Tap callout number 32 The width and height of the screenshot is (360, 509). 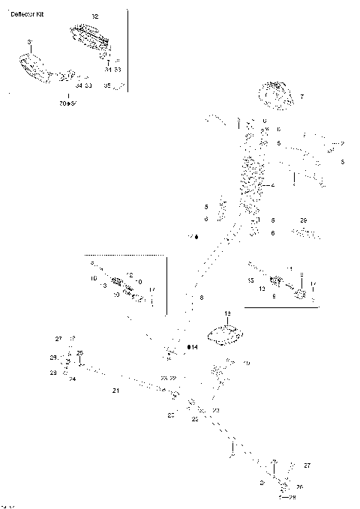[x=94, y=16]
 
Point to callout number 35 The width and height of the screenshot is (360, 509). [x=106, y=86]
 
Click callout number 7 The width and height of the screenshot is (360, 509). [x=301, y=97]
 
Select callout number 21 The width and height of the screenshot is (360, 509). [x=115, y=391]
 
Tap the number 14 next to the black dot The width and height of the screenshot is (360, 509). [x=194, y=347]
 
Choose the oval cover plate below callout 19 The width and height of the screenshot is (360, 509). [x=224, y=335]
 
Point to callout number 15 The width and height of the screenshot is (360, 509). [x=251, y=280]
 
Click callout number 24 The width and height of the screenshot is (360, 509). [x=73, y=379]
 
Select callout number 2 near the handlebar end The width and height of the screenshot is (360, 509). [x=342, y=143]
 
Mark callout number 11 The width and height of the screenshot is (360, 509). [x=289, y=268]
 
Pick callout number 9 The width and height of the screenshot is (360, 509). [x=274, y=296]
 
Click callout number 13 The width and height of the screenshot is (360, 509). [x=102, y=286]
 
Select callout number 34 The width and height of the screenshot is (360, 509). [x=79, y=85]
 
